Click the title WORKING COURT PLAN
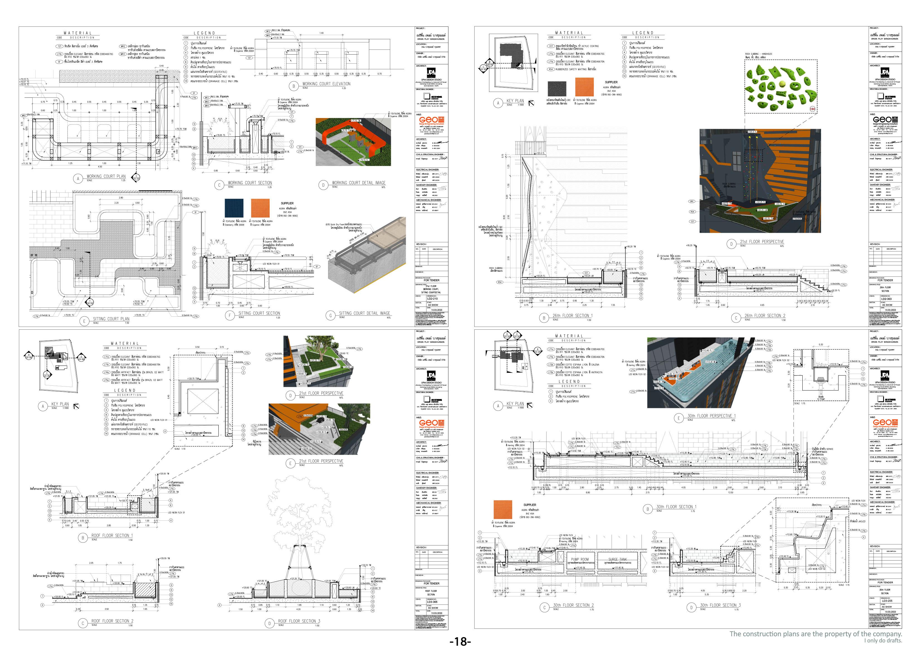(106, 176)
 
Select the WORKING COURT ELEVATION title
(326, 84)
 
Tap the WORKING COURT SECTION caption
(250, 182)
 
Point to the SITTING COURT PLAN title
(111, 319)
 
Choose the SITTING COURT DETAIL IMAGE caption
(364, 313)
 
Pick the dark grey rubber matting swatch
(557, 89)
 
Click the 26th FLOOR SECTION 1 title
(572, 316)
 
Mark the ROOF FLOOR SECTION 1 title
(111, 535)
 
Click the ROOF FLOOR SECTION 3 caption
(299, 621)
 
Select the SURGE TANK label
(617, 559)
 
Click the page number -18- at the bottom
(460, 642)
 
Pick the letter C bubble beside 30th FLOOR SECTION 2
(544, 607)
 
